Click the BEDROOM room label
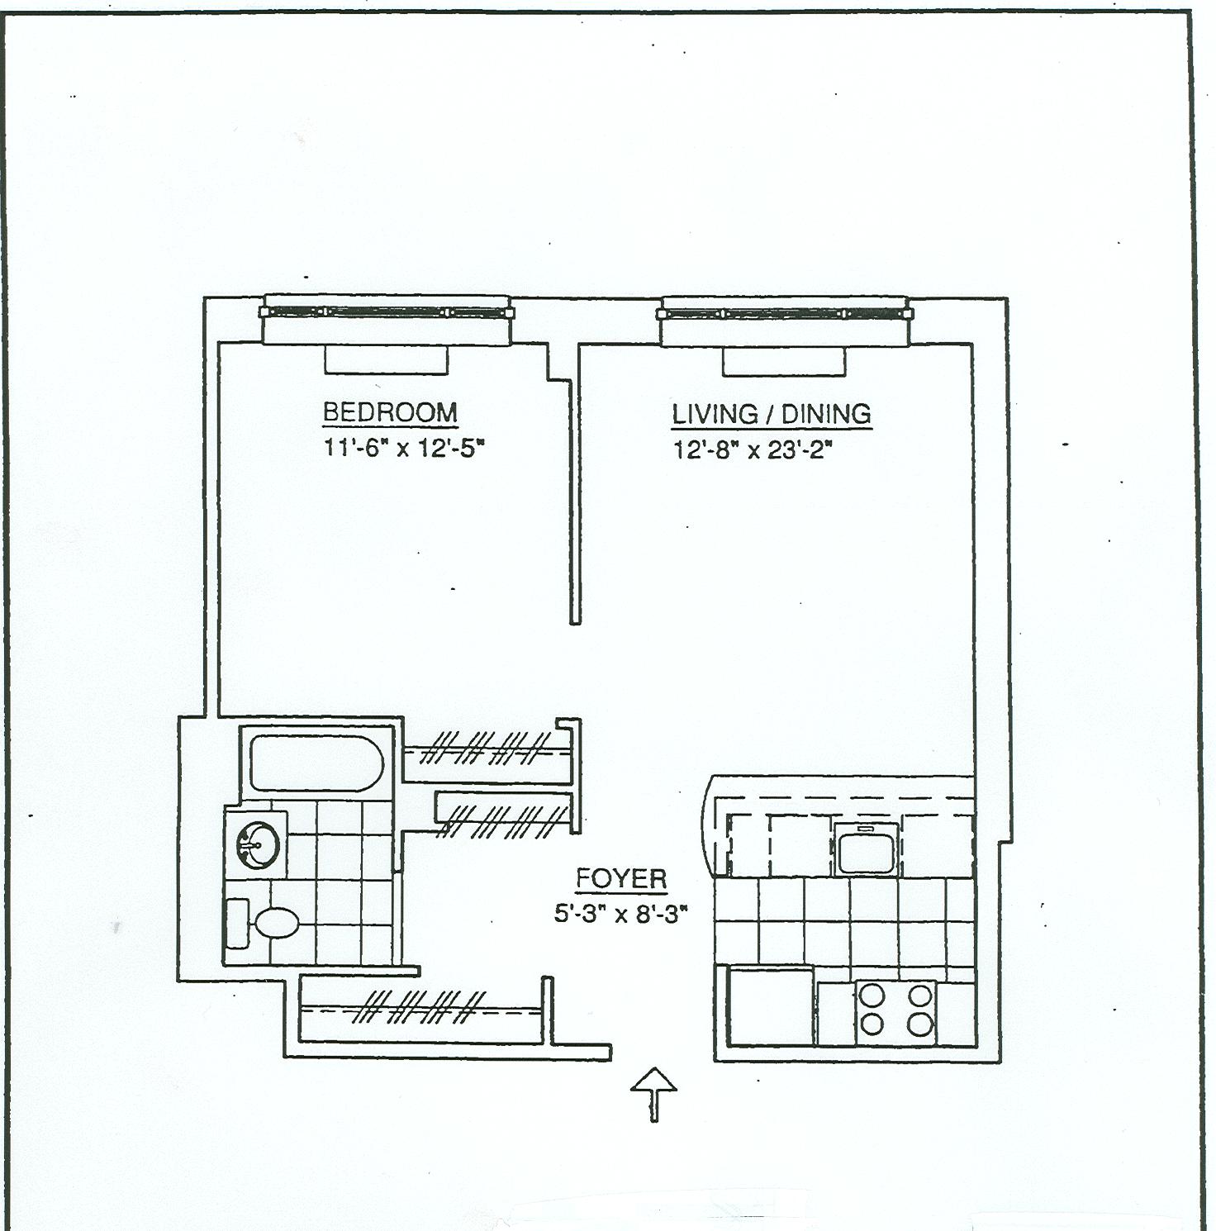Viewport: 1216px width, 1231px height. click(x=390, y=412)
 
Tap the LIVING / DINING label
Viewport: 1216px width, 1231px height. click(x=771, y=414)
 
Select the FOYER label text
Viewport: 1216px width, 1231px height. click(x=621, y=879)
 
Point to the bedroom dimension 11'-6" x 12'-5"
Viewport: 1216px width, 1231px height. click(x=403, y=449)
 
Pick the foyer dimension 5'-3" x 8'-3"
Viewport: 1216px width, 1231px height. click(x=621, y=915)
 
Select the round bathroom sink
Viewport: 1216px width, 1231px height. click(x=256, y=844)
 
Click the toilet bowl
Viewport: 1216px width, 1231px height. click(x=276, y=923)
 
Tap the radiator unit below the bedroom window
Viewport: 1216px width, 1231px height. click(x=386, y=359)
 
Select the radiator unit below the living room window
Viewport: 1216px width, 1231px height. click(x=784, y=361)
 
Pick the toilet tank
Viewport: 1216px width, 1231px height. click(x=237, y=923)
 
